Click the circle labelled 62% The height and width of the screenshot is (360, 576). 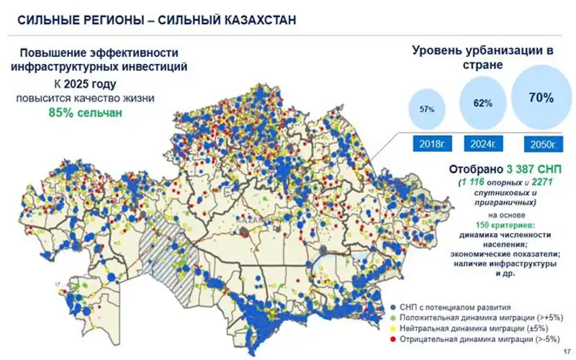coord(482,104)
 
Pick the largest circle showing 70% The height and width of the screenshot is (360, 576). coord(539,98)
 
